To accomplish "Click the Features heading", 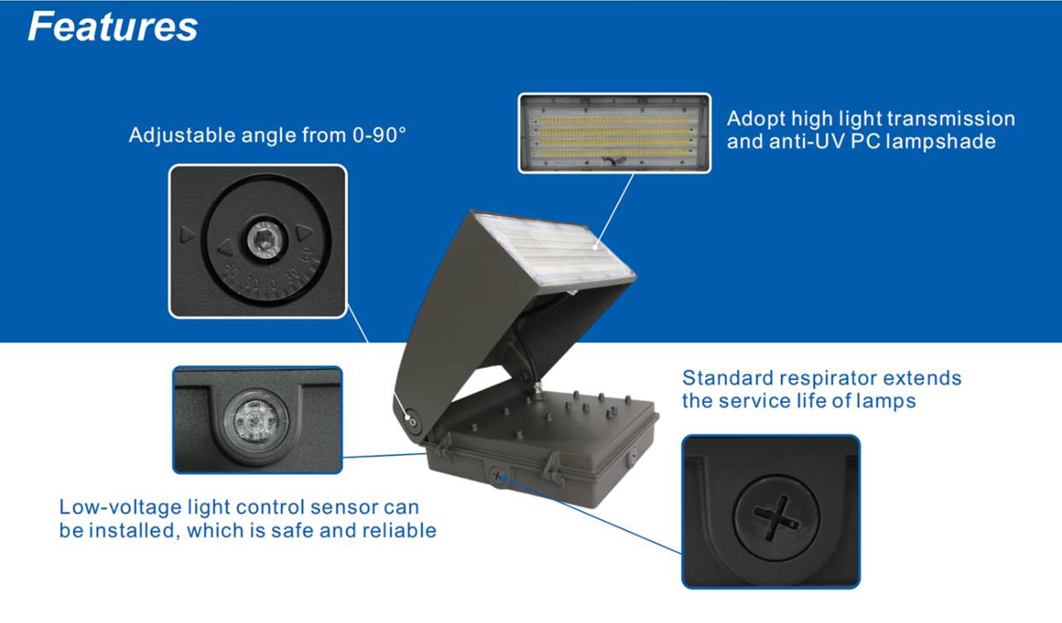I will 113,26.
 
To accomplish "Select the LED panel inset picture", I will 613,133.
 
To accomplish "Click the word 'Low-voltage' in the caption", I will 108,508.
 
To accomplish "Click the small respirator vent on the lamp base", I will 498,476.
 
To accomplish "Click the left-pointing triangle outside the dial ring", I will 187,235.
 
